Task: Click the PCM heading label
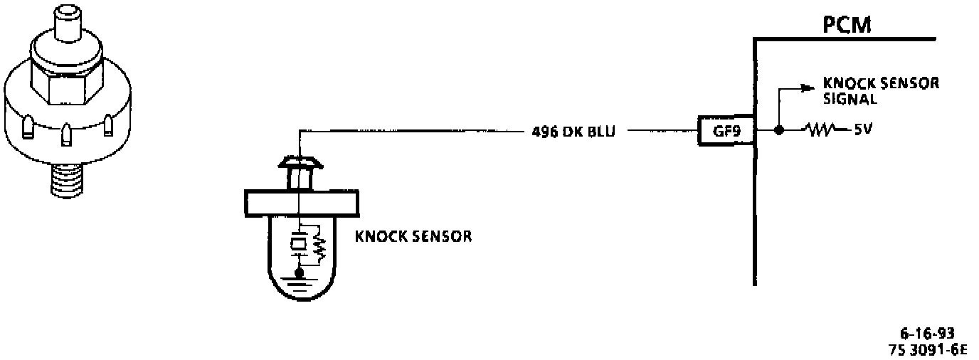848,26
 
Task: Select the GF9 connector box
724,131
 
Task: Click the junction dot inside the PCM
779,131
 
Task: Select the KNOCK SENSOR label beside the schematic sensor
413,235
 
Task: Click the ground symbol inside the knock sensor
300,284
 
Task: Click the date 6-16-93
926,334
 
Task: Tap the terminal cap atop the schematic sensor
300,164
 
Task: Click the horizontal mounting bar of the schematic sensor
300,202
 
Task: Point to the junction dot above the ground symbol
300,272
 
